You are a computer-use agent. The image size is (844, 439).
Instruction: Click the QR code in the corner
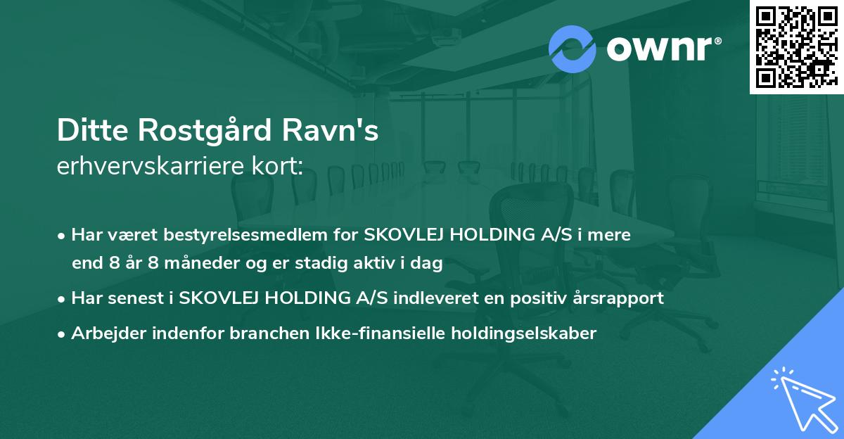(796, 46)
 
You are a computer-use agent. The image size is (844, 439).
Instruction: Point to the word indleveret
(422, 298)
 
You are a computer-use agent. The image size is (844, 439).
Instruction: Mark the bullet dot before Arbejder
(63, 333)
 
